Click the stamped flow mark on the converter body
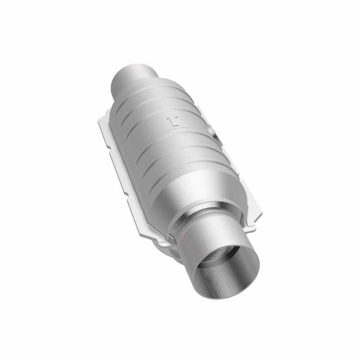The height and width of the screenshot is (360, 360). [x=172, y=121]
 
